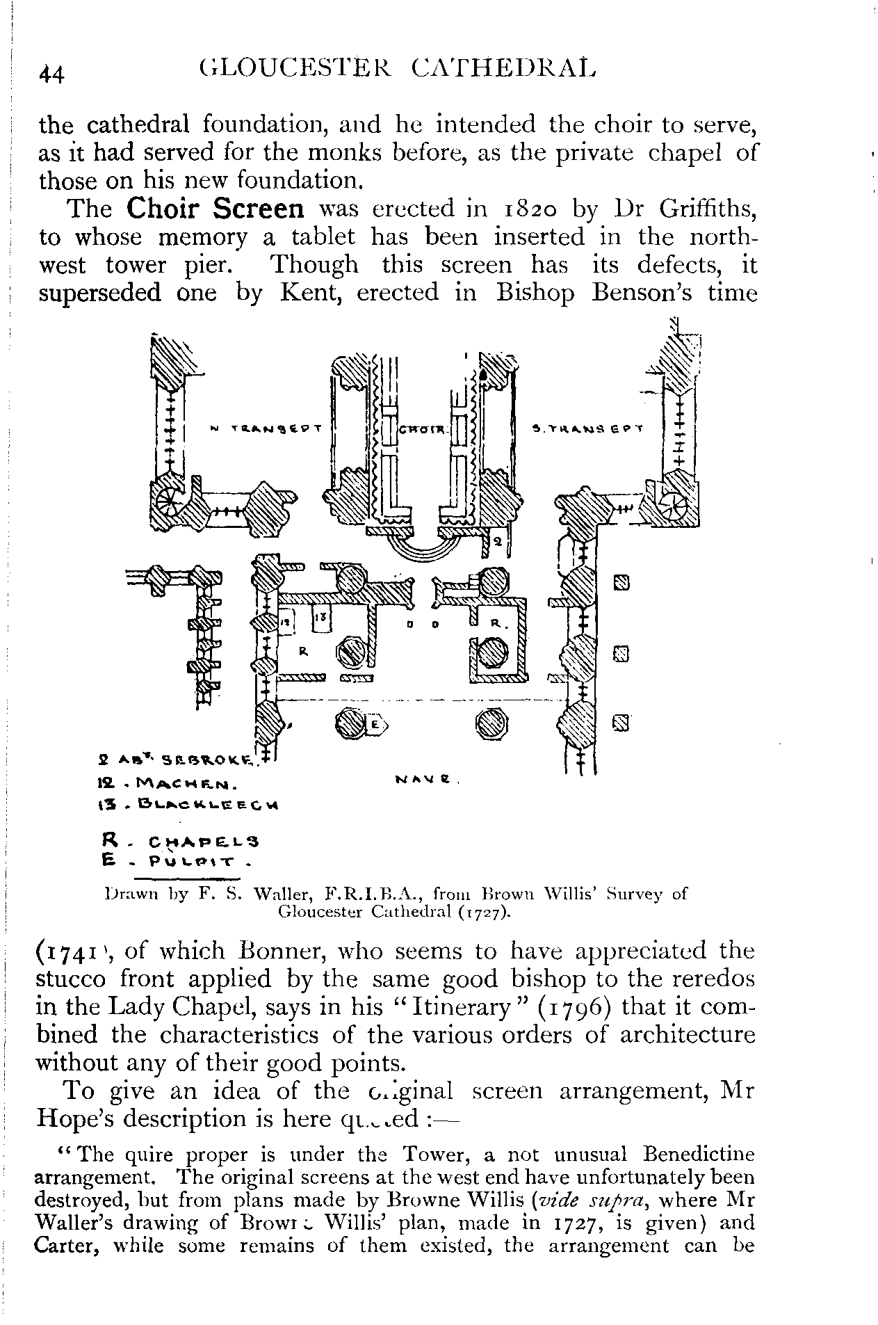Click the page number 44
[x=51, y=73]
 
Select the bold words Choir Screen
[x=216, y=209]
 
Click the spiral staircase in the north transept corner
[x=168, y=503]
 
